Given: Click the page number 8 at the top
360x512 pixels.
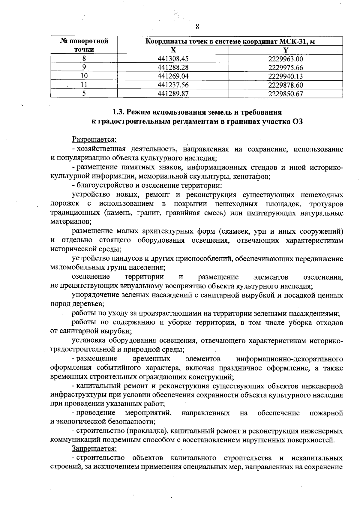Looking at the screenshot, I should [x=197, y=27].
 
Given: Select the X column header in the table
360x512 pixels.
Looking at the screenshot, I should [x=173, y=50].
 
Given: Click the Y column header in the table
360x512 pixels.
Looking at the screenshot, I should [x=286, y=50].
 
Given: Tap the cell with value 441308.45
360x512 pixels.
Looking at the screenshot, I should [x=173, y=59].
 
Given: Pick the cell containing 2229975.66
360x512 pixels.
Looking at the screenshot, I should [x=286, y=67].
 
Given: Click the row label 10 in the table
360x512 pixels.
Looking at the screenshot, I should [x=84, y=76].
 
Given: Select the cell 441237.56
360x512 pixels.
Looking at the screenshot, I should [x=173, y=85].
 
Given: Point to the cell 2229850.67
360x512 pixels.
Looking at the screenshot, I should [x=286, y=94].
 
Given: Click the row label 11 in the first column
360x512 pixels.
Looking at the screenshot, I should [x=84, y=85].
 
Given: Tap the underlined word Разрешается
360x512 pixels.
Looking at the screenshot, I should [x=94, y=140].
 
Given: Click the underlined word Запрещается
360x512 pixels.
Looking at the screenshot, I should [x=94, y=449].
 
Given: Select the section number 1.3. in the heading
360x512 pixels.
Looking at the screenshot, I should [x=118, y=112].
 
